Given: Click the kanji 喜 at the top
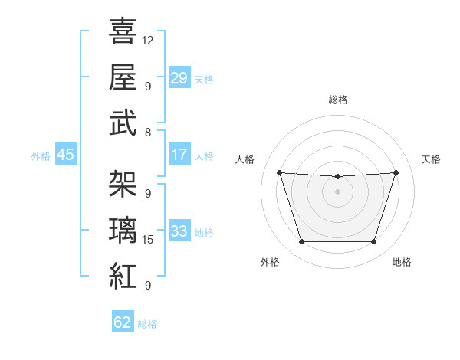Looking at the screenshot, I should [x=123, y=32].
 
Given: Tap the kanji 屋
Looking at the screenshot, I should [x=123, y=77].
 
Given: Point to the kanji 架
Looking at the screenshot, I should [x=123, y=184].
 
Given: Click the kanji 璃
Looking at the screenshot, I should [x=123, y=229].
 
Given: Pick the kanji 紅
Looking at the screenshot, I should [x=123, y=274].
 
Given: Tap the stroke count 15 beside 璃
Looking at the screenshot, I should [x=148, y=240].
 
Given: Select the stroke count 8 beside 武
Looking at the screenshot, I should [x=148, y=132].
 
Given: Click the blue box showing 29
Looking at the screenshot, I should [x=179, y=77].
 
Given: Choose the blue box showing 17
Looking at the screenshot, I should [x=179, y=155].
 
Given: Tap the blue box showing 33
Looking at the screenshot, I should [x=179, y=231].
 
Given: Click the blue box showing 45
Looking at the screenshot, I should [x=66, y=155].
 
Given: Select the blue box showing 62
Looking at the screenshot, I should [x=123, y=322].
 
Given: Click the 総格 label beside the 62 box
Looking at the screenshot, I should [x=147, y=324].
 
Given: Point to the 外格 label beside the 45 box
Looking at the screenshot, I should [x=41, y=156].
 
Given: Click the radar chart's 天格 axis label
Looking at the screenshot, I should [x=431, y=159].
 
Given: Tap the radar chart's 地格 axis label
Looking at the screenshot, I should [x=402, y=262].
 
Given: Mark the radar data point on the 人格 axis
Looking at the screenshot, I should [x=279, y=172].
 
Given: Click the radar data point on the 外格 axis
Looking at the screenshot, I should [x=301, y=242].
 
